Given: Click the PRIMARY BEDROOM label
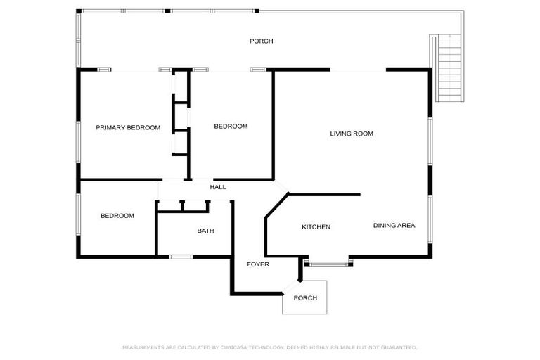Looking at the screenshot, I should [x=128, y=128].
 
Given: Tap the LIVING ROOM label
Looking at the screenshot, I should [x=351, y=133].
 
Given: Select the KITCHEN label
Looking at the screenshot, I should [x=316, y=226].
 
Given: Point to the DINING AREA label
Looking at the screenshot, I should [x=394, y=226].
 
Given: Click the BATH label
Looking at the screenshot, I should [x=205, y=231].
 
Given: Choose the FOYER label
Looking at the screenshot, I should [x=257, y=264].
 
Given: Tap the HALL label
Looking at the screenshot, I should [x=218, y=187].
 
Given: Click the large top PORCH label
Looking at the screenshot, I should [x=261, y=41].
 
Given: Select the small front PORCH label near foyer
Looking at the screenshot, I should [x=305, y=298].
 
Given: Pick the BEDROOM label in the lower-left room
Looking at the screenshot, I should [x=117, y=216].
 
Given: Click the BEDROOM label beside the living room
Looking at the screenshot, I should [x=231, y=127].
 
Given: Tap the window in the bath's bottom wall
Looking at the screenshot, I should [x=181, y=257].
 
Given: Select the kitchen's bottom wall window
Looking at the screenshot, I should [x=328, y=265].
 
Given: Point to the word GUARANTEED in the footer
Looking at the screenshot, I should [x=398, y=347].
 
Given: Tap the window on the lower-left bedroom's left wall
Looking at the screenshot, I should [x=78, y=215].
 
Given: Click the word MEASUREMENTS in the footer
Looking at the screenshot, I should [x=143, y=347].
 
